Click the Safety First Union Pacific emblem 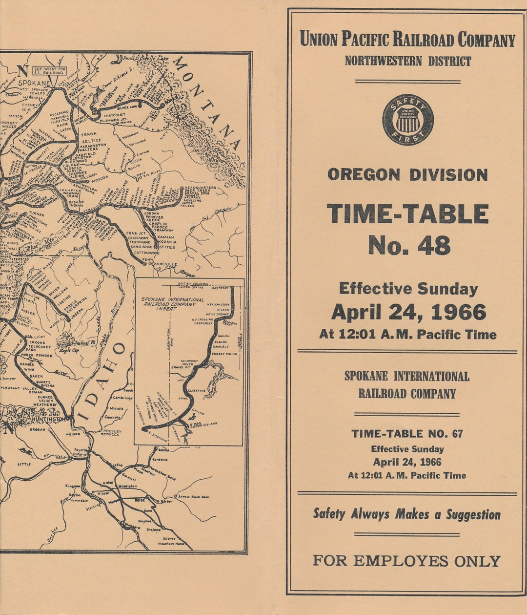pos(407,120)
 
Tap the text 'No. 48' pos(409,245)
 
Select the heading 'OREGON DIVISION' pos(407,174)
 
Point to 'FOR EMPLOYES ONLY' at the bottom pos(406,561)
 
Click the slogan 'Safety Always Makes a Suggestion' pos(407,514)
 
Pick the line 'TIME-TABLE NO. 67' pos(407,433)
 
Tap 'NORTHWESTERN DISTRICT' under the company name pos(407,61)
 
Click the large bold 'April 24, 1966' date pos(408,312)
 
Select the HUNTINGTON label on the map pos(48,419)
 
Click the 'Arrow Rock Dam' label pos(194,497)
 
